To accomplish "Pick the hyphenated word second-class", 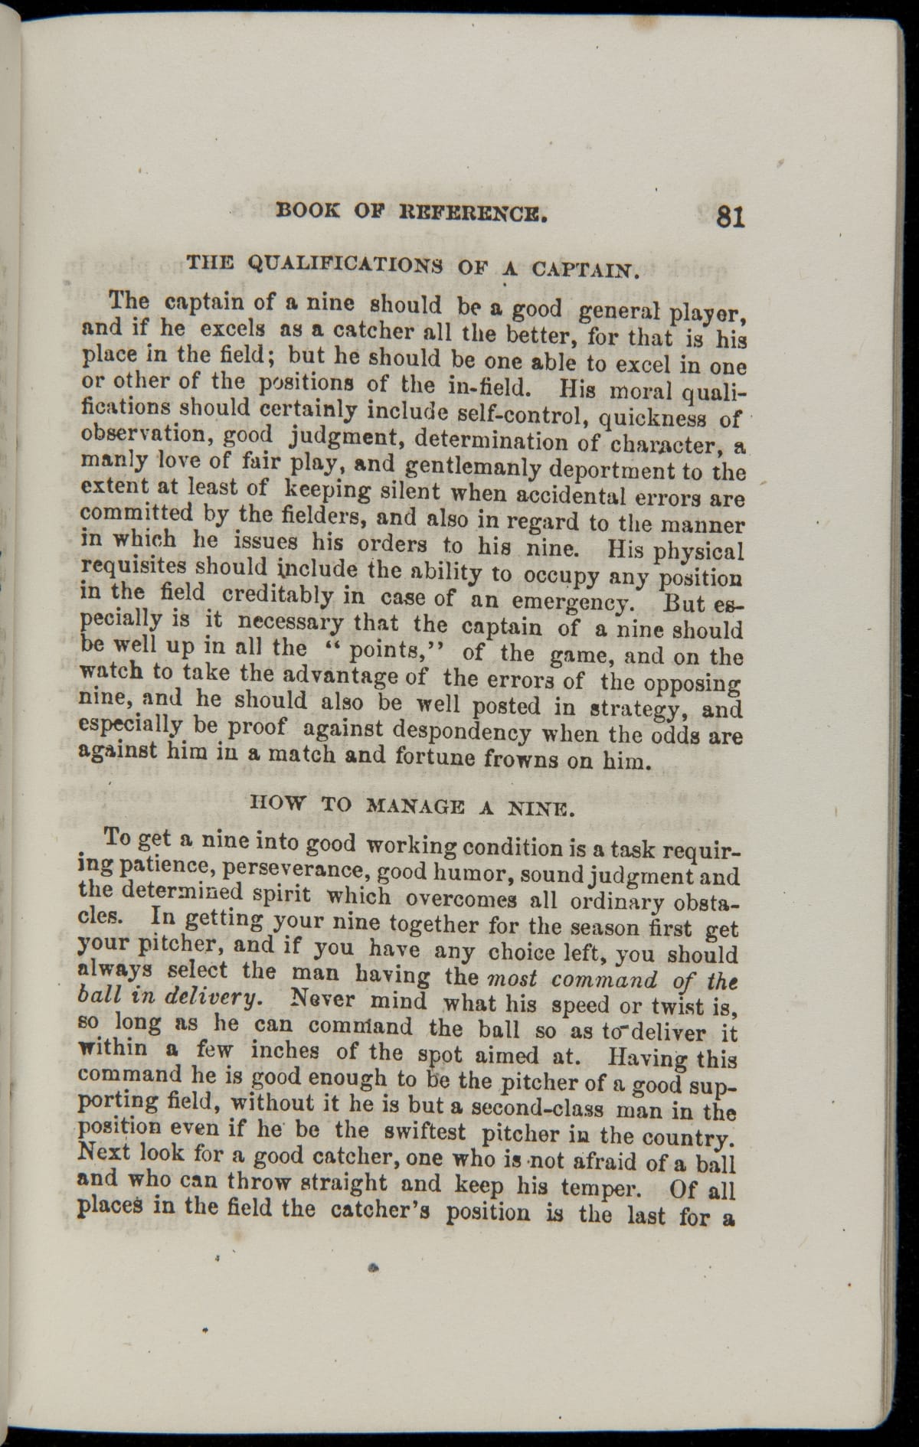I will click(x=530, y=1108).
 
